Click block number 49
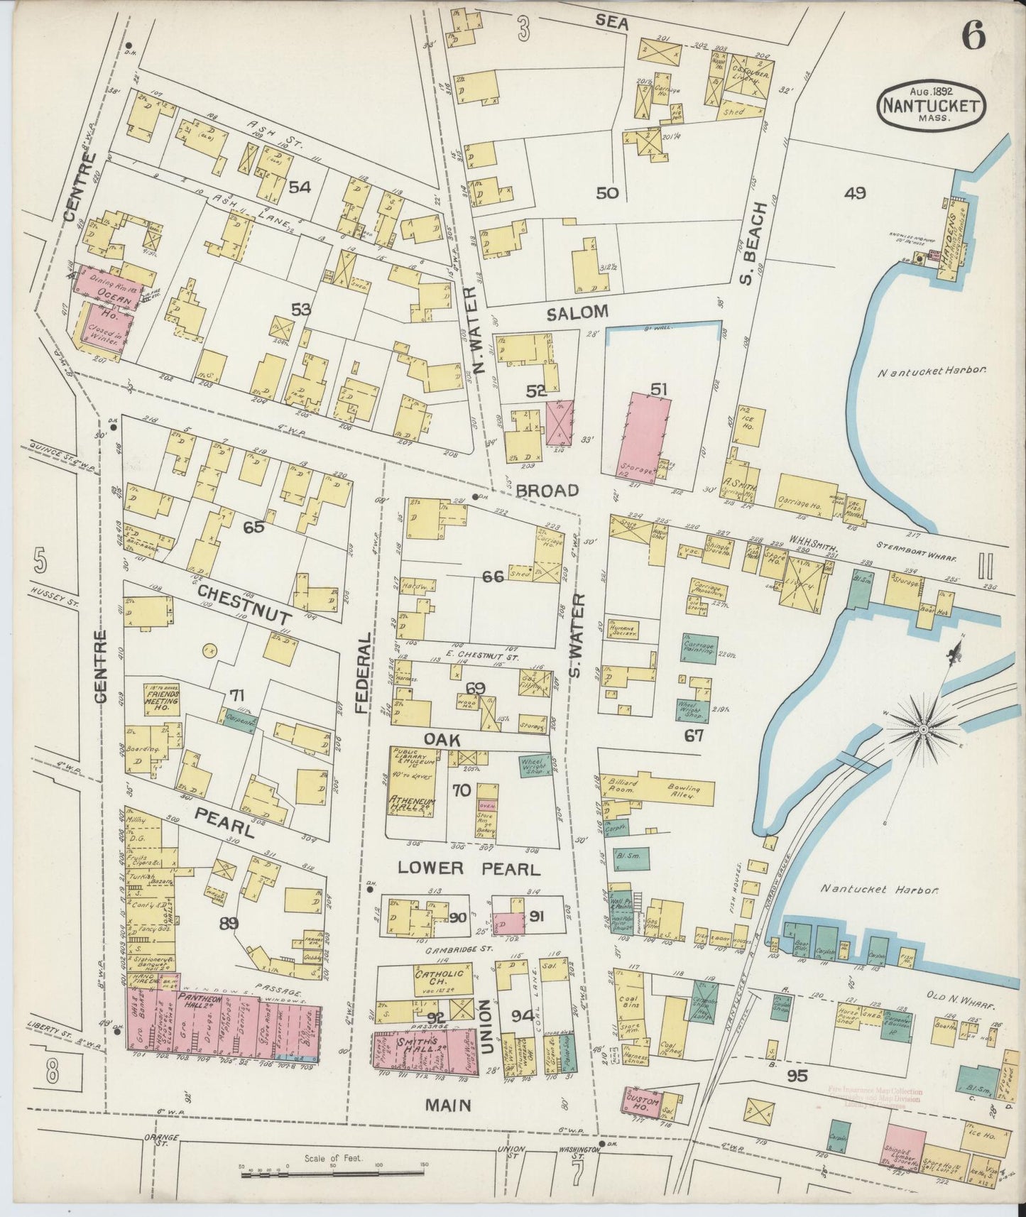tap(856, 193)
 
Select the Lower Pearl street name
tap(470, 868)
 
